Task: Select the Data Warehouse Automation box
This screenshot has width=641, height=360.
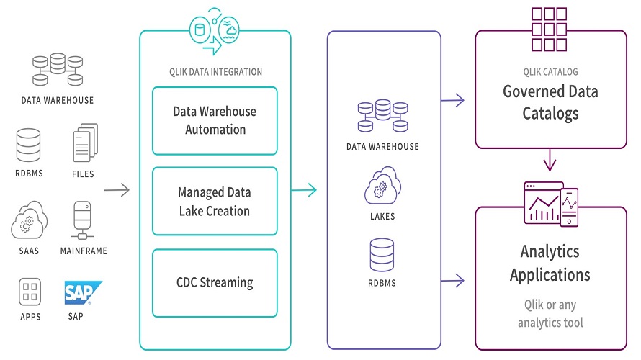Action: [215, 120]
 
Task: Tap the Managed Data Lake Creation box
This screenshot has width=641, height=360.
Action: [215, 202]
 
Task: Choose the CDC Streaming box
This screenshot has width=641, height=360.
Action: [215, 282]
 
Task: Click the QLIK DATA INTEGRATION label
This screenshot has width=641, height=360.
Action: [215, 72]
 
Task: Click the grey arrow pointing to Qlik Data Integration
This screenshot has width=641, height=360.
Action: [117, 190]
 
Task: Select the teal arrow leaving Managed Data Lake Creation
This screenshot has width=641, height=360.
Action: [303, 190]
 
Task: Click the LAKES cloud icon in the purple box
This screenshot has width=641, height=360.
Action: [383, 185]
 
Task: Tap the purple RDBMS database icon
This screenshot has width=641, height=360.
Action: [383, 255]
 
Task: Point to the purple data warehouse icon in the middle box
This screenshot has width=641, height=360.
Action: [383, 115]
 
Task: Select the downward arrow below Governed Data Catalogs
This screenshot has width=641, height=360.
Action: [550, 160]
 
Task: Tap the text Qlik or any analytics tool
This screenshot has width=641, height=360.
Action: [550, 313]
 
